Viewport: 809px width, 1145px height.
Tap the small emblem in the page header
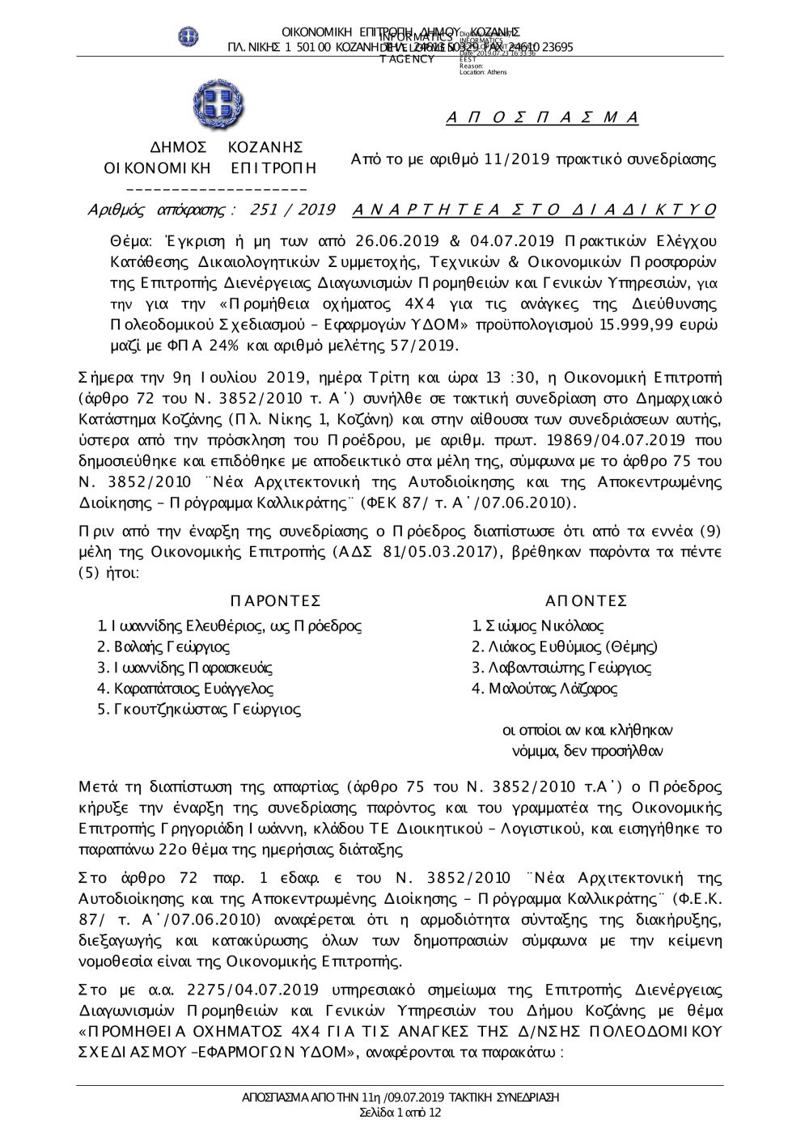click(188, 36)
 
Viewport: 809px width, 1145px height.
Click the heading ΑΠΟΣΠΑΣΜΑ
click(543, 118)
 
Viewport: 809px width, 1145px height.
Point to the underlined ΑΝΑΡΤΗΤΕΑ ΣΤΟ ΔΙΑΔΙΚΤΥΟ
click(535, 210)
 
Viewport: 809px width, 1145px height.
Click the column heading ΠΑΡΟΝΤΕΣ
click(276, 600)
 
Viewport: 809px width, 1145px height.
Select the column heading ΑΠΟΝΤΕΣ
click(587, 600)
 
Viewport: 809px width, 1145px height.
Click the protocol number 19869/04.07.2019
click(615, 439)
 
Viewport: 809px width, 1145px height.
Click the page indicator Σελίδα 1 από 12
click(400, 1113)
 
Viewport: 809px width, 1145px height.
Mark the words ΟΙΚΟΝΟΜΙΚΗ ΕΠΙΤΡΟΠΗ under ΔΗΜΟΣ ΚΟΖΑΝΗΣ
click(210, 168)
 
